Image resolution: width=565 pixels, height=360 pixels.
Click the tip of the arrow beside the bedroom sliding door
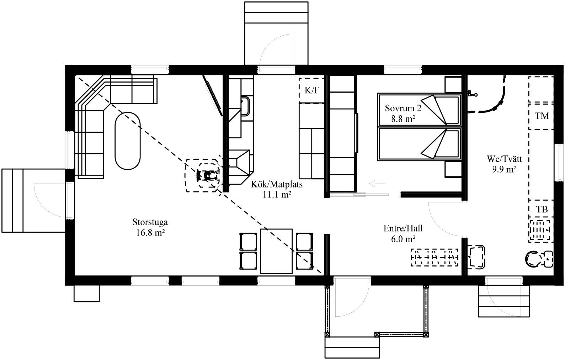(x=370, y=184)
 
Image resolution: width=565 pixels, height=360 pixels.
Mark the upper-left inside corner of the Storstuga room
(x=75, y=75)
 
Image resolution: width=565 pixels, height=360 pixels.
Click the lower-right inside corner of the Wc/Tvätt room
(x=554, y=275)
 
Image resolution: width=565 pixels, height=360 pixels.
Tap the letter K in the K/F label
(x=308, y=90)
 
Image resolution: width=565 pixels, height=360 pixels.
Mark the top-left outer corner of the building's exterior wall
(x=65, y=65)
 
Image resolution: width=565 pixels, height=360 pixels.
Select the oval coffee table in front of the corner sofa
(x=127, y=141)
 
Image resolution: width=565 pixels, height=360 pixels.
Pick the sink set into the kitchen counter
(x=245, y=106)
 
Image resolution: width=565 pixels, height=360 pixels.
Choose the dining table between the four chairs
(x=276, y=251)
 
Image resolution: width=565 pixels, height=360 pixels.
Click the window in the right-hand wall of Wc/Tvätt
(x=559, y=162)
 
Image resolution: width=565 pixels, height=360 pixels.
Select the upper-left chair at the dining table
(x=248, y=242)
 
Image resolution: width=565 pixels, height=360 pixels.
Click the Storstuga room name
(x=150, y=222)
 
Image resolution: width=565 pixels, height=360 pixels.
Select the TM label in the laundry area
(x=542, y=116)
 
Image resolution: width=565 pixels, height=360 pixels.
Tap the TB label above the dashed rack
(x=542, y=210)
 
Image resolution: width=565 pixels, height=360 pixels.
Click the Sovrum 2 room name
(x=403, y=108)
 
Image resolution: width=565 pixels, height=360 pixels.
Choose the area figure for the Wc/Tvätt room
(x=504, y=169)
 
